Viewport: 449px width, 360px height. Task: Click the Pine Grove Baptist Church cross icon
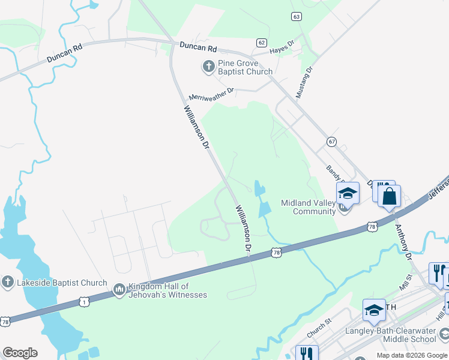click(209, 66)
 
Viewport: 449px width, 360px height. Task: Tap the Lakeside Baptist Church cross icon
click(7, 282)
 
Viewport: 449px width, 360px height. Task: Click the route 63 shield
click(297, 16)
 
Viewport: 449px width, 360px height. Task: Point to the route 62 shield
click(261, 42)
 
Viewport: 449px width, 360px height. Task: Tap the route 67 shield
click(331, 141)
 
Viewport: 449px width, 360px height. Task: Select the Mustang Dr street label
click(304, 83)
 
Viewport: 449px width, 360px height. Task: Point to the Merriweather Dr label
click(211, 94)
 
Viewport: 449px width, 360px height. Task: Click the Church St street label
click(319, 327)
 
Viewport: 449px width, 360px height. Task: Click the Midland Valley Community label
click(309, 207)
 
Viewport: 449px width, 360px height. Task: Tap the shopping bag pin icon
click(390, 196)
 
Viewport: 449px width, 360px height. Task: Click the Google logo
click(20, 353)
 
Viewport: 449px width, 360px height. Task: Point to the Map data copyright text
click(412, 355)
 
